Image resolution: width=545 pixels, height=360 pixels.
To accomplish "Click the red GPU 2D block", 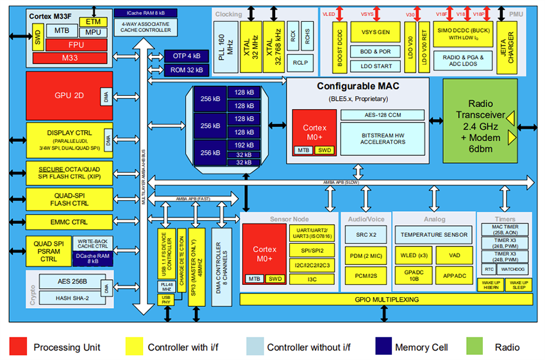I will [61, 94].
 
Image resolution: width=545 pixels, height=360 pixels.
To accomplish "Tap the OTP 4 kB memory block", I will [187, 55].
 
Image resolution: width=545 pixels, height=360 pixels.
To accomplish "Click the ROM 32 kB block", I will [187, 70].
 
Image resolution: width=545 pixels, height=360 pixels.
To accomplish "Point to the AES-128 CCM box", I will [382, 114].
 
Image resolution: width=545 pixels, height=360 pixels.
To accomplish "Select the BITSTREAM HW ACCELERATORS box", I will [382, 139].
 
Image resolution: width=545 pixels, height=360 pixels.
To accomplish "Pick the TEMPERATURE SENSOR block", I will [434, 235].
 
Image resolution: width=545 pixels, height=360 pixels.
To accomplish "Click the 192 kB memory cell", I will [244, 145].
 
